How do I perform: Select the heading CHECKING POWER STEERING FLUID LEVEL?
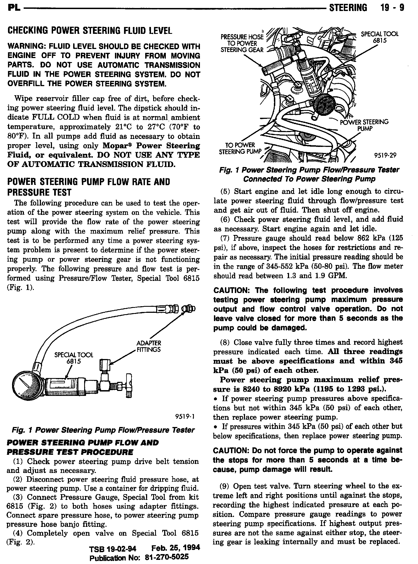click(90, 31)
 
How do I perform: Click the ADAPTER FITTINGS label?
click(148, 346)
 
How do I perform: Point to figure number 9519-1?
click(185, 416)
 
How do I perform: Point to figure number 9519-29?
click(385, 155)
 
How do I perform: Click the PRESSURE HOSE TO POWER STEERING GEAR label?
click(242, 43)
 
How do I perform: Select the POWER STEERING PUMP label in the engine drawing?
click(364, 125)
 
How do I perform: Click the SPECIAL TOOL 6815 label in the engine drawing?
click(380, 37)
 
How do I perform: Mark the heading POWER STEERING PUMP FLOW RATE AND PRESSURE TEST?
click(89, 187)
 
